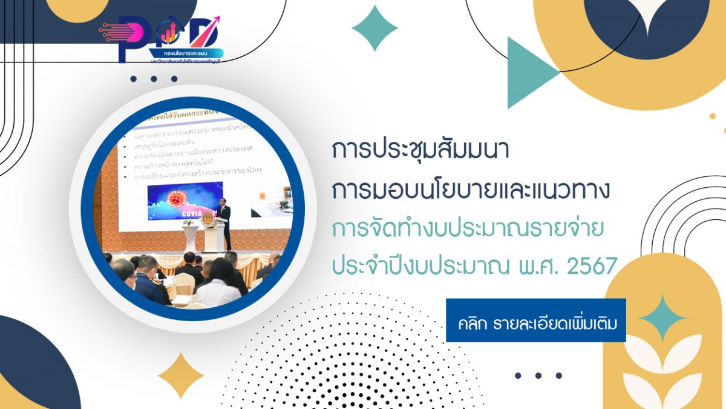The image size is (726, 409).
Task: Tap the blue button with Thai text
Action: click(535, 320)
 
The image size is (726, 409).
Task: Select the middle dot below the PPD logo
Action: click(154, 79)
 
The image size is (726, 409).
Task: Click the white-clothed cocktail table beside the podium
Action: click(191, 236)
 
